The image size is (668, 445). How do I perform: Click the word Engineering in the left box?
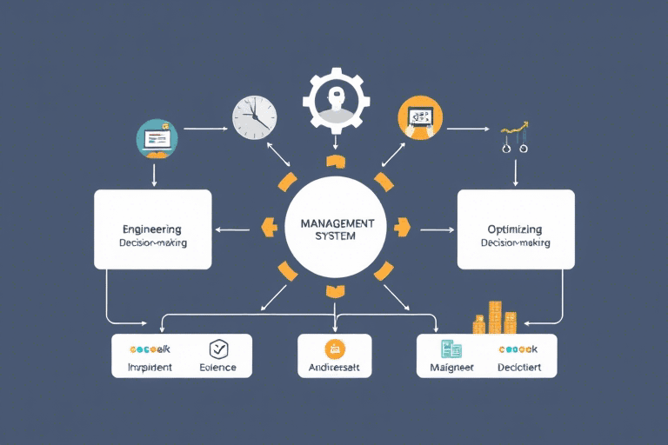coord(152,229)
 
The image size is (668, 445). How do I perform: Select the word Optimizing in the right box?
coord(515,229)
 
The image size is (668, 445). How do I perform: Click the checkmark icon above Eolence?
coord(217,349)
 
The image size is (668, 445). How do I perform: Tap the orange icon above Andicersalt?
coord(334,349)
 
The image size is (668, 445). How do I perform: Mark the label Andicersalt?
coord(334,369)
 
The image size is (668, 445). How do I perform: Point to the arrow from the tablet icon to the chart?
coord(467,129)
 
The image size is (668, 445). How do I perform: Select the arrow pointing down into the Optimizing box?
coord(516,173)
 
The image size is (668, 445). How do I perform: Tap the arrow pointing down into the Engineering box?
coord(154,174)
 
